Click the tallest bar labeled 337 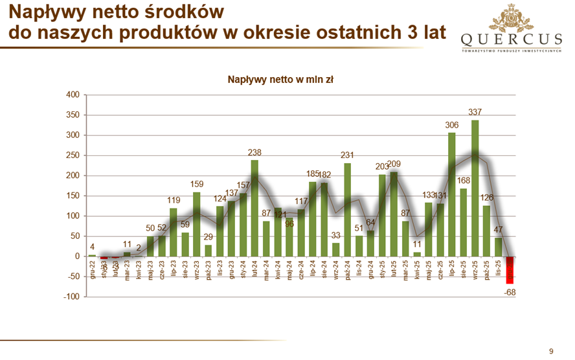(x=475, y=188)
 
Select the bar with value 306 (x=451, y=194)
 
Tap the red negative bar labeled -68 (x=510, y=269)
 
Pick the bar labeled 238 (x=254, y=208)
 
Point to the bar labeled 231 (x=348, y=209)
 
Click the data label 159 (x=197, y=184)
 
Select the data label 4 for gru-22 (x=92, y=246)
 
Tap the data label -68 (x=510, y=293)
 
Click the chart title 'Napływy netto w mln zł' (x=280, y=80)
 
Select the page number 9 (x=551, y=351)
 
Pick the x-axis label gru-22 (x=93, y=268)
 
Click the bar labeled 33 (x=336, y=249)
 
